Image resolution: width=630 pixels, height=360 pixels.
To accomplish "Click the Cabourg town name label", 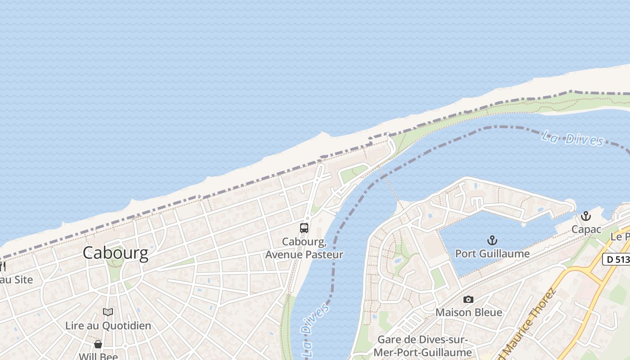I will click(115, 253).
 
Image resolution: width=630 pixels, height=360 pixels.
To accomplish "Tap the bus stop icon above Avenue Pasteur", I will click(304, 228).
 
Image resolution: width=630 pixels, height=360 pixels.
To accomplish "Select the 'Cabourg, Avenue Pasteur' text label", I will click(304, 248).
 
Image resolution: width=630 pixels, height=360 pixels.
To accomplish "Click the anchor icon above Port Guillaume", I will click(492, 240).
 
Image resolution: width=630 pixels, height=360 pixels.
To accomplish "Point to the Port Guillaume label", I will click(492, 253).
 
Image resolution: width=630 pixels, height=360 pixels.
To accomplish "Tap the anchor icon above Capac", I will click(585, 216).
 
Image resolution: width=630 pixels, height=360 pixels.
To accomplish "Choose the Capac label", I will click(586, 229).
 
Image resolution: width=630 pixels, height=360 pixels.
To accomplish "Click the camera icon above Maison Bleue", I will click(468, 299).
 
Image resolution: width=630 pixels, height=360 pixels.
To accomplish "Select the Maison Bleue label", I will click(468, 312).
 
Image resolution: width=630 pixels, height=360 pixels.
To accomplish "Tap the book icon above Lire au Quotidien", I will click(108, 312).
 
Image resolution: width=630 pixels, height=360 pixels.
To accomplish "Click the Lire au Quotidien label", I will click(108, 325).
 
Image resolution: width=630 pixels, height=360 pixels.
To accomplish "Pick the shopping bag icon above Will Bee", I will click(98, 345).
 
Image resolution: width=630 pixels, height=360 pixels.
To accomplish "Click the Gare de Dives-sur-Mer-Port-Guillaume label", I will click(422, 346).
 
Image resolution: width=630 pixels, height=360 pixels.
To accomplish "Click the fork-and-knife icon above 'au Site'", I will click(3, 266).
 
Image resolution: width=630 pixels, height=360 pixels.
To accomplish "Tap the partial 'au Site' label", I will click(16, 279).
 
